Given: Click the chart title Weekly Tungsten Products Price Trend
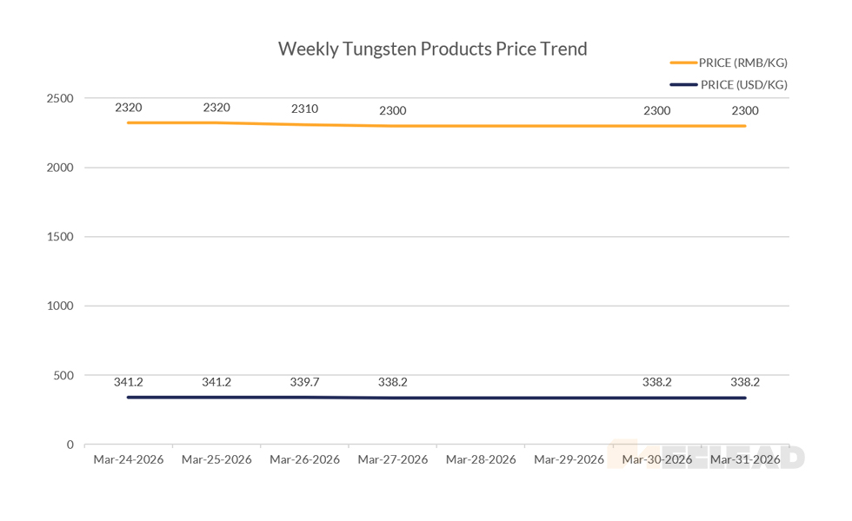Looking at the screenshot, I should (432, 49).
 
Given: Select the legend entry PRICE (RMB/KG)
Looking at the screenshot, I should (743, 63).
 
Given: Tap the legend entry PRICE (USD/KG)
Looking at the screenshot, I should (743, 84).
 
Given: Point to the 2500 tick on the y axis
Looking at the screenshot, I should (61, 98).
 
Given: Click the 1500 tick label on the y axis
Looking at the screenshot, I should (61, 237).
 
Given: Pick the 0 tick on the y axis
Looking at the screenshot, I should (70, 445).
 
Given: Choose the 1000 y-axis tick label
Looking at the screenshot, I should (61, 307).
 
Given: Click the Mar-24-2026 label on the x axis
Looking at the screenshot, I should (128, 459).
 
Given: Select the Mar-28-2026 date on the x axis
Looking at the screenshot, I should (481, 459).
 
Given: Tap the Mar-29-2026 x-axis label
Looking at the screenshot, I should (569, 459).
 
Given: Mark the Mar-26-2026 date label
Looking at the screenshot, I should (304, 459).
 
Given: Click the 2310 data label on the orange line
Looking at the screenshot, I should (304, 109).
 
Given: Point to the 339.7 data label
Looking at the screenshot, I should (304, 382).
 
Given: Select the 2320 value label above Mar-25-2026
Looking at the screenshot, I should (216, 108).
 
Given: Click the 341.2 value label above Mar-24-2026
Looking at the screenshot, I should (128, 382).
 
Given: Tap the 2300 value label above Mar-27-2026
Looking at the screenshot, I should (392, 110).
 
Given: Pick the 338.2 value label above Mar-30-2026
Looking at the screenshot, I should (656, 382).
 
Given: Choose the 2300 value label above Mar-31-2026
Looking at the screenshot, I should (745, 110).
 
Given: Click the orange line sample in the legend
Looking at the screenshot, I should (683, 63).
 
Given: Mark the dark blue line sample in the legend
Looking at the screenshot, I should (683, 84).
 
